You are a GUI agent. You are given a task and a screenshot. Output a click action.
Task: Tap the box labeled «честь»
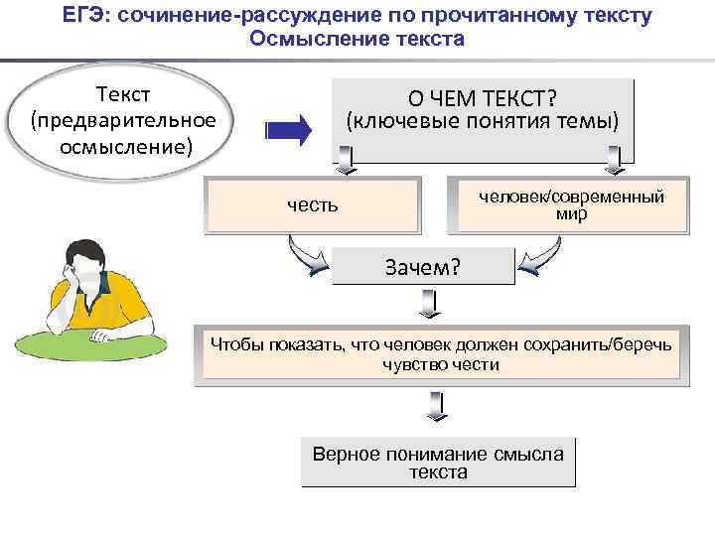(x=313, y=204)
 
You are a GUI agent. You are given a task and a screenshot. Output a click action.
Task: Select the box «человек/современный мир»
(x=571, y=204)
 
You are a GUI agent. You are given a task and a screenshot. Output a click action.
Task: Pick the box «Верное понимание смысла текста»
(x=438, y=463)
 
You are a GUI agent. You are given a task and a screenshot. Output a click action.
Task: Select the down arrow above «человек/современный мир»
(x=613, y=159)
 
